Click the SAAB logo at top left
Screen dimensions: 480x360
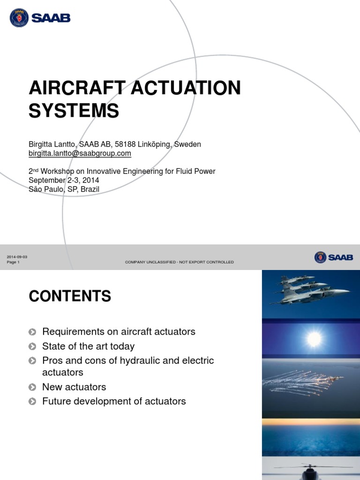tap(40, 18)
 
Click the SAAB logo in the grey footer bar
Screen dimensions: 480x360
tap(334, 257)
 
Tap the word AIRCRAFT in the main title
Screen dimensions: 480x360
tap(77, 88)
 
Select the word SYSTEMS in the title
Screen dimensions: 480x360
tap(74, 111)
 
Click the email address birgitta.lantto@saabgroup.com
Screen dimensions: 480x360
tap(80, 153)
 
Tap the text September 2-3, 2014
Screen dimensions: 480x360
tap(64, 180)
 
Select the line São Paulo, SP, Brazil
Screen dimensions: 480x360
tap(64, 189)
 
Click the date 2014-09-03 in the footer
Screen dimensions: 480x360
tap(17, 257)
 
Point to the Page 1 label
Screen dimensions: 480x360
tap(13, 262)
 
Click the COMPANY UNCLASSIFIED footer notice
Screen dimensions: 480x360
tap(179, 262)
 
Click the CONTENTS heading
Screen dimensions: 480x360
tap(70, 296)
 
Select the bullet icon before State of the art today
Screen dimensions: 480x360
tap(32, 347)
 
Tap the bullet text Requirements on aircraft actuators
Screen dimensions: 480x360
tap(119, 332)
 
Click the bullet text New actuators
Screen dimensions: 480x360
tap(74, 387)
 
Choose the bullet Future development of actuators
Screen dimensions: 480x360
tap(114, 402)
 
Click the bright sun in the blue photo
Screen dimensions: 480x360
tap(314, 338)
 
